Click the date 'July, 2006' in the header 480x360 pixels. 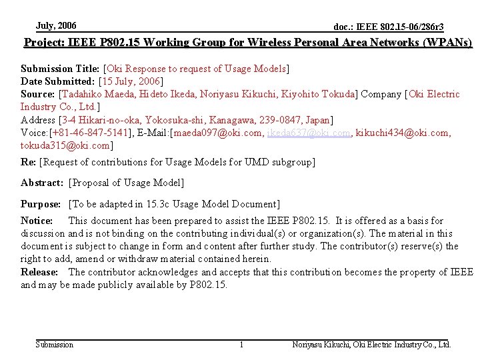pos(56,26)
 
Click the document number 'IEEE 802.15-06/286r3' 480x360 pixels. pos(399,27)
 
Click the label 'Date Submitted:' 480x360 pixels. pos(58,81)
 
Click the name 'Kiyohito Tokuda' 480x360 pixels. pos(313,94)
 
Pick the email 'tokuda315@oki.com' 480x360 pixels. pos(65,145)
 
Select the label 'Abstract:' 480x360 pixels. pos(42,183)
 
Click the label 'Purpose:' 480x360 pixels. pos(41,204)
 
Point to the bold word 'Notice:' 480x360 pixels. pos(37,221)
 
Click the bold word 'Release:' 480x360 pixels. pos(39,272)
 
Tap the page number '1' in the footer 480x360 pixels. pos(241,345)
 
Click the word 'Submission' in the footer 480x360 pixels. pos(54,345)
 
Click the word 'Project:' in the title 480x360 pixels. pos(44,43)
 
